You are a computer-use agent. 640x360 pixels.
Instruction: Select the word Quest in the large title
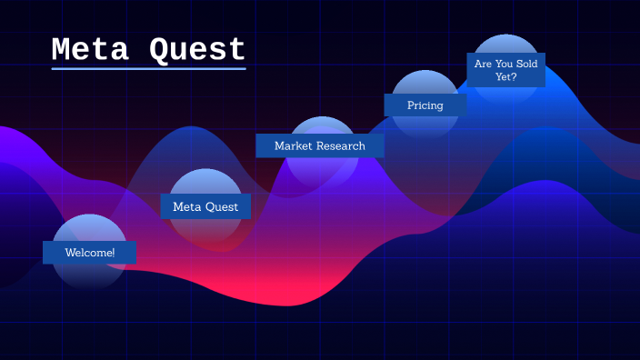[x=197, y=49]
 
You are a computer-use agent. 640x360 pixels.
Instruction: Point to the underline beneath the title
[x=148, y=68]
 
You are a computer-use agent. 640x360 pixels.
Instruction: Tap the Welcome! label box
[x=89, y=252]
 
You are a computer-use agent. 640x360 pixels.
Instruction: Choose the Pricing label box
[x=425, y=105]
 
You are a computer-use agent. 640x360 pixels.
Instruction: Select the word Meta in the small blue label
[x=186, y=206]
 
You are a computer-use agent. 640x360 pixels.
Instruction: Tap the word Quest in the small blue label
[x=221, y=206]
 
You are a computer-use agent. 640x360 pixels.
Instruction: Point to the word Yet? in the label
[x=506, y=77]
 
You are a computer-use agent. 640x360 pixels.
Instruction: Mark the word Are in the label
[x=483, y=64]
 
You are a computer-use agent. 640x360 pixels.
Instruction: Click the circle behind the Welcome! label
[x=89, y=273]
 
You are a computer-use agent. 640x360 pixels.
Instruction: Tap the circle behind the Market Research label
[x=322, y=168]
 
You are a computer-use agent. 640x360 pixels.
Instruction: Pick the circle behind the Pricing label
[x=425, y=125]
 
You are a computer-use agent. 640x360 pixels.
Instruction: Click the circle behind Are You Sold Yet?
[x=506, y=45]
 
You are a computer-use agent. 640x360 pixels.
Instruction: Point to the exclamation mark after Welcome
[x=114, y=252]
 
